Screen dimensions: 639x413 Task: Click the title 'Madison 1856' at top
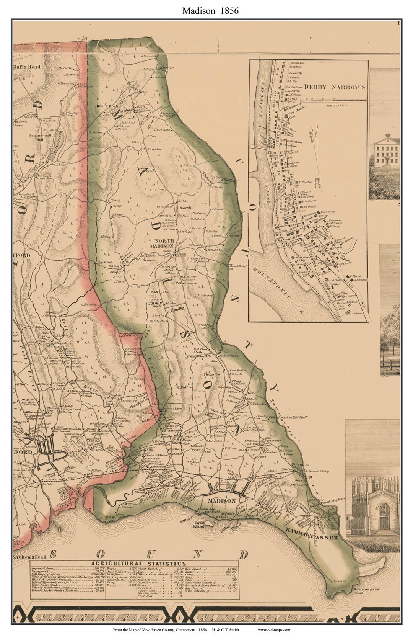[x=210, y=11]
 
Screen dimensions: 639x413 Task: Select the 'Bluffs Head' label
[x=27, y=67]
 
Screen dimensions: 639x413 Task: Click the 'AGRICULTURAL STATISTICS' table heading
[x=138, y=564]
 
